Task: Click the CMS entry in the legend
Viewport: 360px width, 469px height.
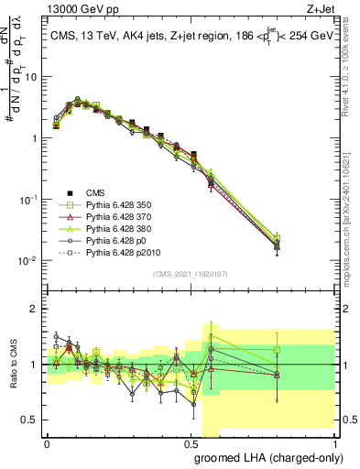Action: [96, 192]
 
